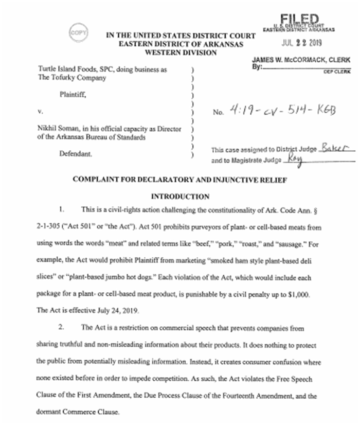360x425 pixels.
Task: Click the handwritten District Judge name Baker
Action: (x=337, y=148)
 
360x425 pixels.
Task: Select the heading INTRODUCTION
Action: (x=180, y=197)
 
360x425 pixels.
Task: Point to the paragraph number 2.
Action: (x=61, y=327)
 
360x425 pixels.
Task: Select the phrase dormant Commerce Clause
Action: (x=77, y=411)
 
